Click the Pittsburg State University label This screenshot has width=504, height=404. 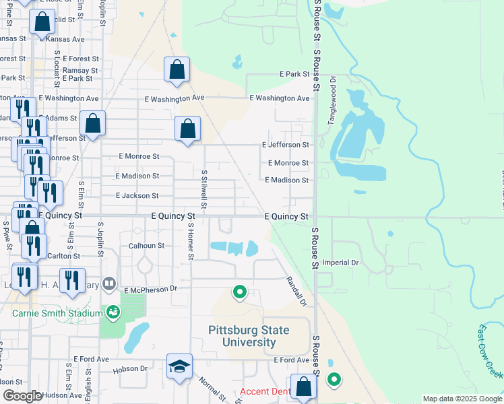(249, 336)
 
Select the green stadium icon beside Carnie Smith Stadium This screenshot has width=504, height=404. (113, 312)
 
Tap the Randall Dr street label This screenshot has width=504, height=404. (296, 291)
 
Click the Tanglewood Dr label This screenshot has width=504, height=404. (332, 99)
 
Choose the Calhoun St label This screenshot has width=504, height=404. (147, 246)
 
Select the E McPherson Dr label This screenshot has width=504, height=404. (149, 288)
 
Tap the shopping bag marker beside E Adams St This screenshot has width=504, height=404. (92, 124)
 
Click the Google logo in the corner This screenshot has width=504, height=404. (22, 396)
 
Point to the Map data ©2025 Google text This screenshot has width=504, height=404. (462, 399)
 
